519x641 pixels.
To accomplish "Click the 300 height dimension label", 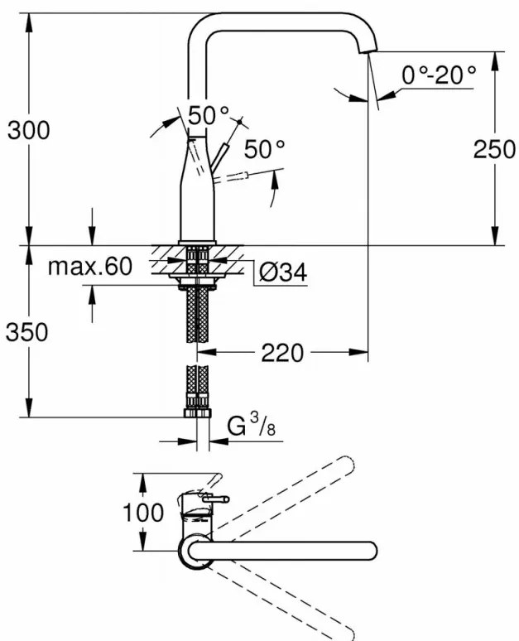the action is (29, 130).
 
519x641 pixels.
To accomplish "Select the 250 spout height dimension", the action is (494, 149).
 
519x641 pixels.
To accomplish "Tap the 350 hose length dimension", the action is (27, 331).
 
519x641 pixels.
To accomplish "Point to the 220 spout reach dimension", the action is (282, 353).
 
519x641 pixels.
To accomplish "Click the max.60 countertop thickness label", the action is (90, 266).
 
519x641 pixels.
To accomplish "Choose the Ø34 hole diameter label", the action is (283, 272).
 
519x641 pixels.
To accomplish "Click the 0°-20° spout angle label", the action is (440, 75).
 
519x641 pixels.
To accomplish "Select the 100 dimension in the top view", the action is (143, 513).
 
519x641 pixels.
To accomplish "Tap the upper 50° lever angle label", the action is (209, 115).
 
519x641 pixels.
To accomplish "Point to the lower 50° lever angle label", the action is (264, 148).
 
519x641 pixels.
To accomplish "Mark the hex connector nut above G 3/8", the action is (197, 413).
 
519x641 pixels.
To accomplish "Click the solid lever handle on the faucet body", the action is (221, 156).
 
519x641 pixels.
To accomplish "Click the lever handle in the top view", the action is (216, 499).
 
